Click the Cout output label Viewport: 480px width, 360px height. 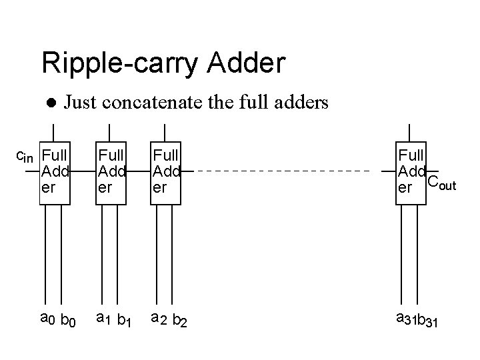[x=441, y=181]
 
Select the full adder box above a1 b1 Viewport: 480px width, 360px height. [x=111, y=172]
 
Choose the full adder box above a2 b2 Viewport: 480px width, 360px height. [x=167, y=172]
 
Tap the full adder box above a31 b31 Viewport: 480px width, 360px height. [x=411, y=172]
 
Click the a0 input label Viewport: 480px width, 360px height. [x=47, y=320]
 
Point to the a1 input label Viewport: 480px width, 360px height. [x=103, y=320]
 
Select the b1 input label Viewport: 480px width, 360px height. [x=123, y=322]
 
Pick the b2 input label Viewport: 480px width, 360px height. [x=179, y=322]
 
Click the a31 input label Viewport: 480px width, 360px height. [x=405, y=320]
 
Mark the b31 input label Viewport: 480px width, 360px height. [x=429, y=322]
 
